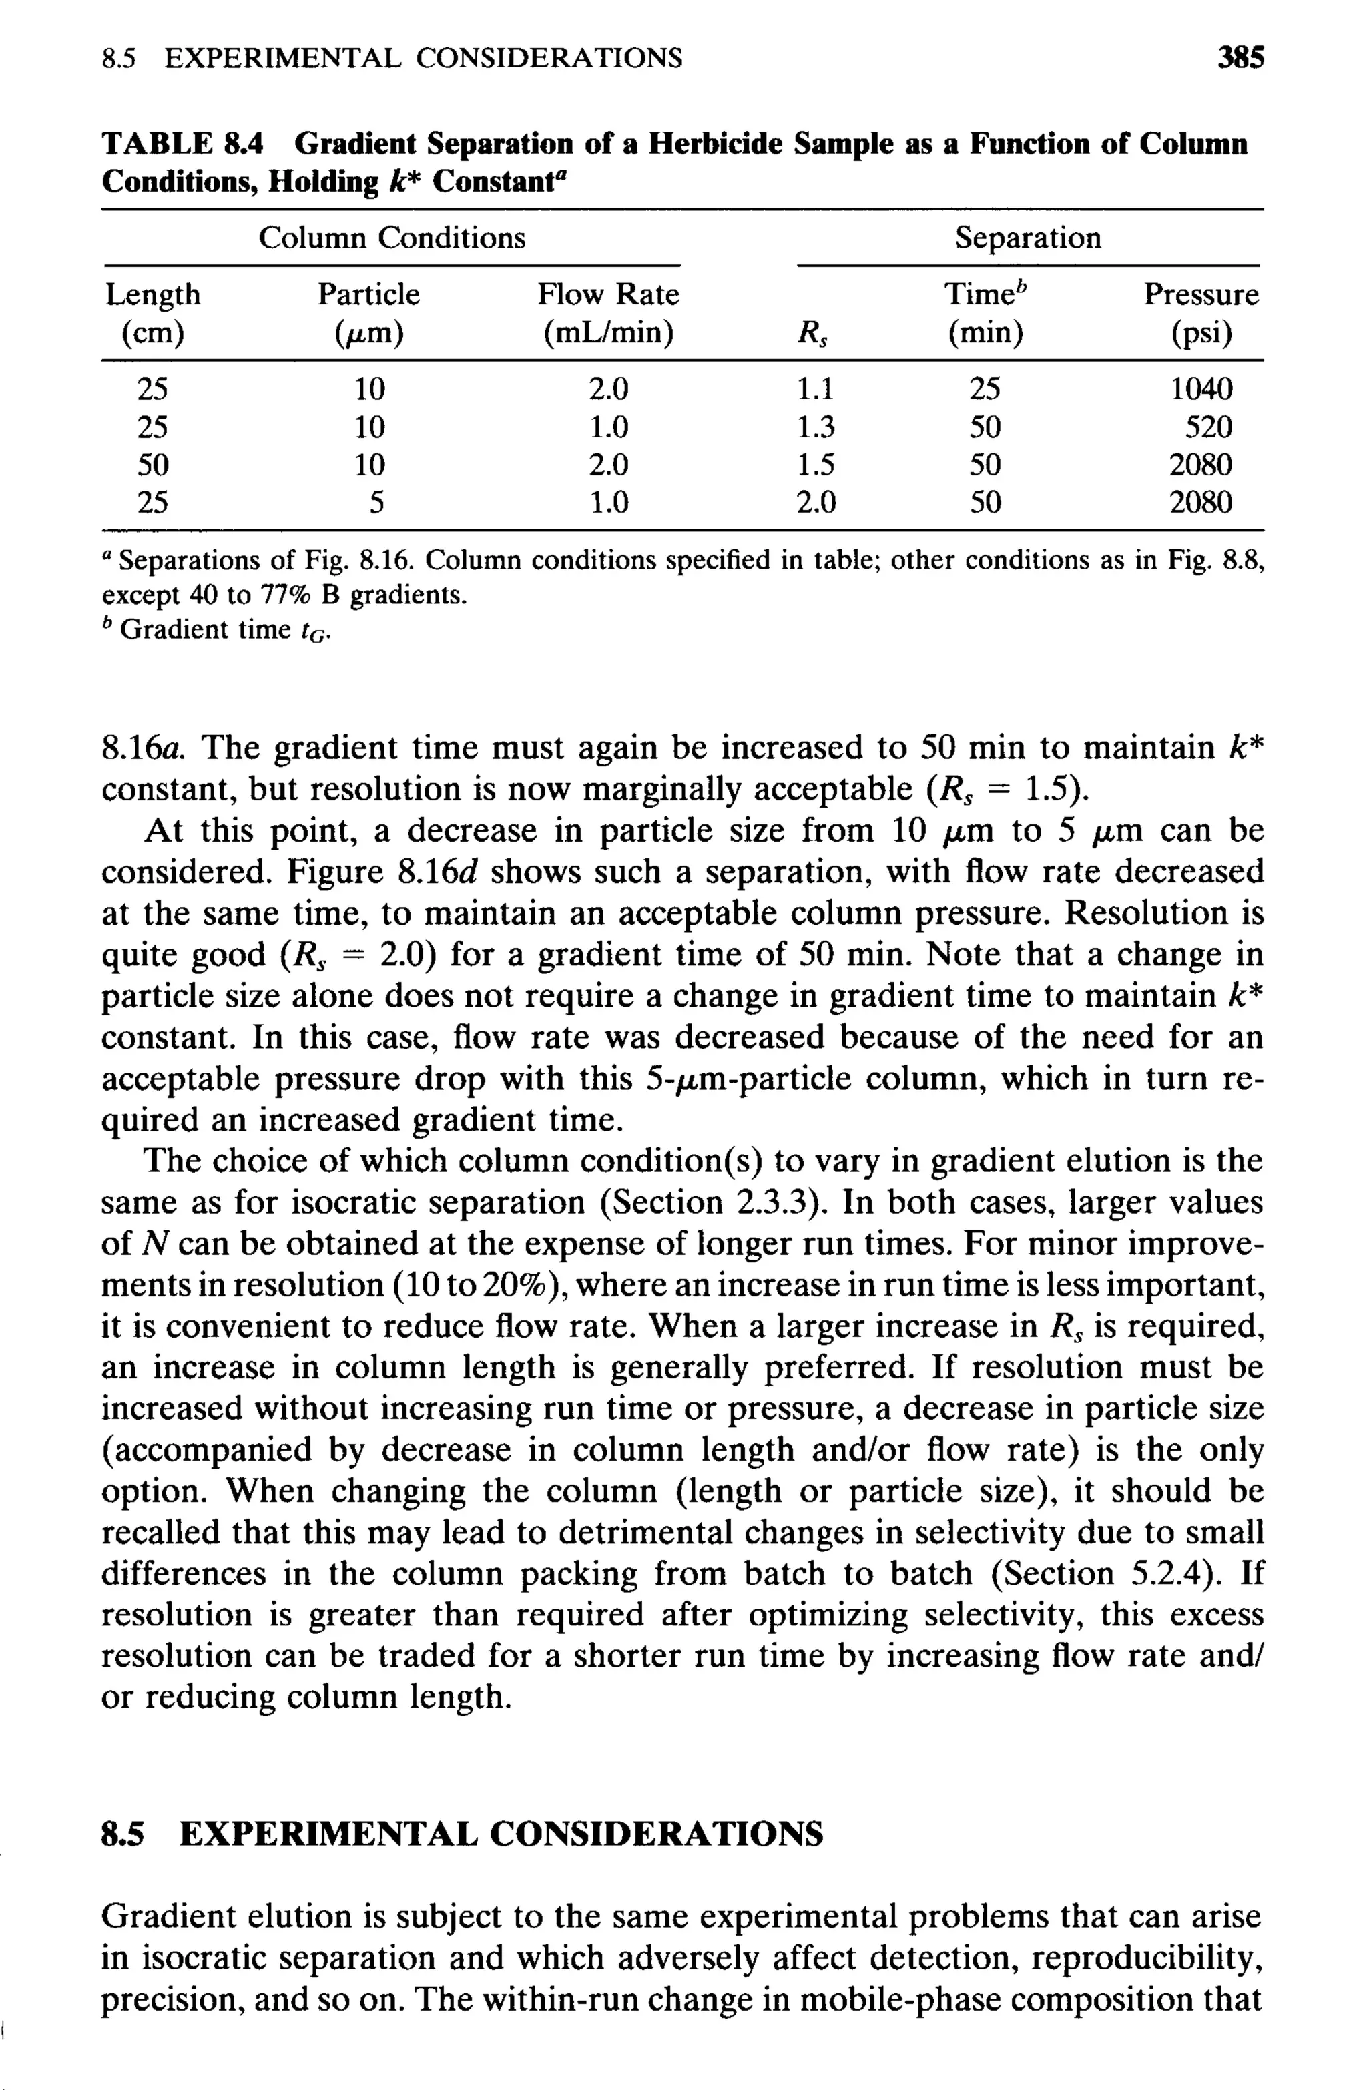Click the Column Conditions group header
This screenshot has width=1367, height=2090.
392,238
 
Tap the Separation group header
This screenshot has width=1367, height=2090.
1027,238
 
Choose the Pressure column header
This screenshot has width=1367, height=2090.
1200,294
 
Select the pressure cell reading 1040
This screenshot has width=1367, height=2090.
1200,389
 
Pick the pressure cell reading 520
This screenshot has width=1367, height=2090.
1208,428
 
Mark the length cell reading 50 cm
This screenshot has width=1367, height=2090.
153,465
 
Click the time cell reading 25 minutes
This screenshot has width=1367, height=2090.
985,389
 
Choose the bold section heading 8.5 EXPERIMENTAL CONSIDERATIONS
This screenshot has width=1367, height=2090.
462,1834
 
